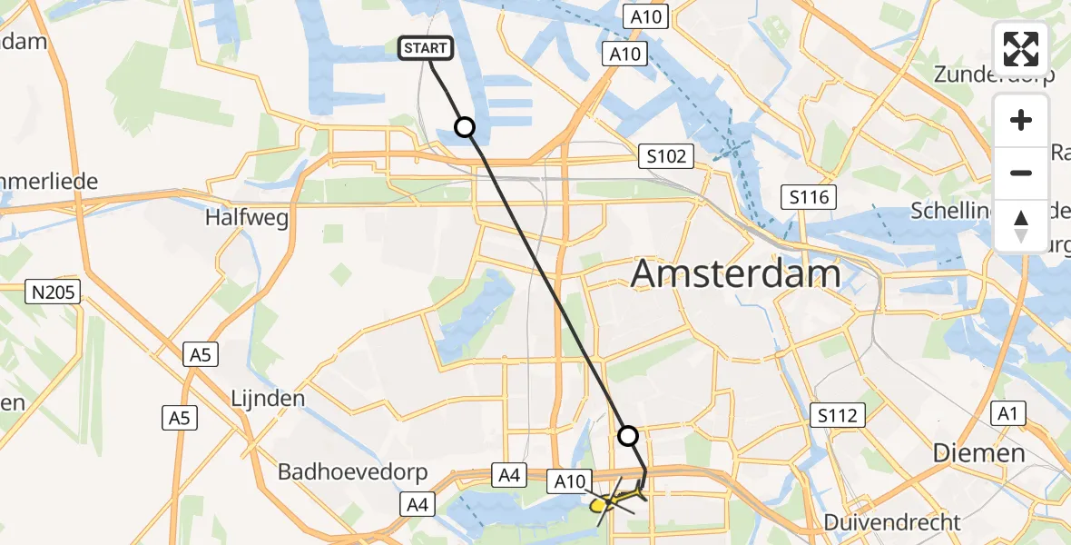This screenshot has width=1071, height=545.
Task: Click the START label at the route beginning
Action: coord(426,48)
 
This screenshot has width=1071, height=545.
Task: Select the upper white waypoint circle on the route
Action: coord(465,127)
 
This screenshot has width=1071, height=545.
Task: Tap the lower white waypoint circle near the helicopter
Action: coord(628,436)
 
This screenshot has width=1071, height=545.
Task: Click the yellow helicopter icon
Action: coord(610,501)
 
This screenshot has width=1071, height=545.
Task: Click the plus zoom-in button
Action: coord(1021,120)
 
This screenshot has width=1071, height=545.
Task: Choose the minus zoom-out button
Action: coord(1021,173)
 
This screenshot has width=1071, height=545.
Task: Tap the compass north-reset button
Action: coord(1021,225)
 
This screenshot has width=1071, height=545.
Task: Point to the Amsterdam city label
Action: coord(735,272)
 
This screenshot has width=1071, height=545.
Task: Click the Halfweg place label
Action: coord(233,218)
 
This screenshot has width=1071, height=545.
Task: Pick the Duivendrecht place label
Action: coord(892,522)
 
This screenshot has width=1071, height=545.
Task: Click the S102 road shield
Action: coord(665,156)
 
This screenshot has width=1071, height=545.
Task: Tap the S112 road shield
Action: coord(835,416)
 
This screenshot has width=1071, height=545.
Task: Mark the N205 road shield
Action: coord(53,292)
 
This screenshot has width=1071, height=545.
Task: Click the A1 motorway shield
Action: coord(1007,413)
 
